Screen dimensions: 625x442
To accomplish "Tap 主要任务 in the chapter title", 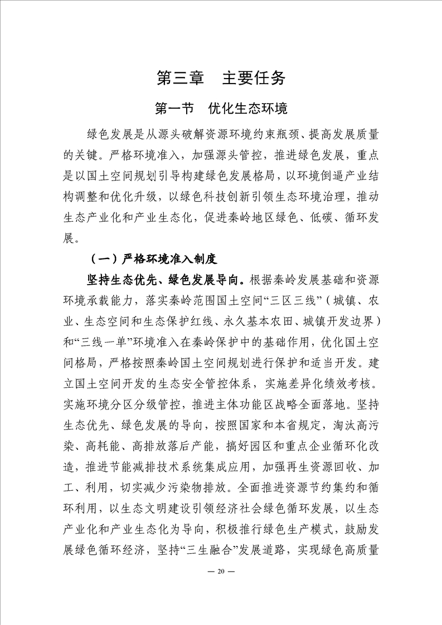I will pos(254,78).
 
